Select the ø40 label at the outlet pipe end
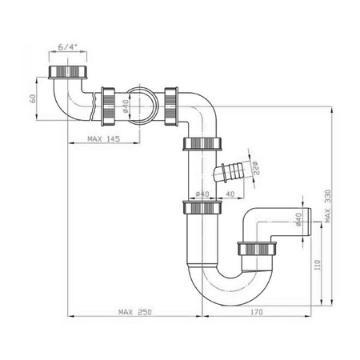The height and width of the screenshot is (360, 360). [x=298, y=219]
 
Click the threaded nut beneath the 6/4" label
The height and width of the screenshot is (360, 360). [x=68, y=74]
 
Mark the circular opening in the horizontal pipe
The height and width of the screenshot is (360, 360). [x=139, y=101]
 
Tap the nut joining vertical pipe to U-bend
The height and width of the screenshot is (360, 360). [x=201, y=208]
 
